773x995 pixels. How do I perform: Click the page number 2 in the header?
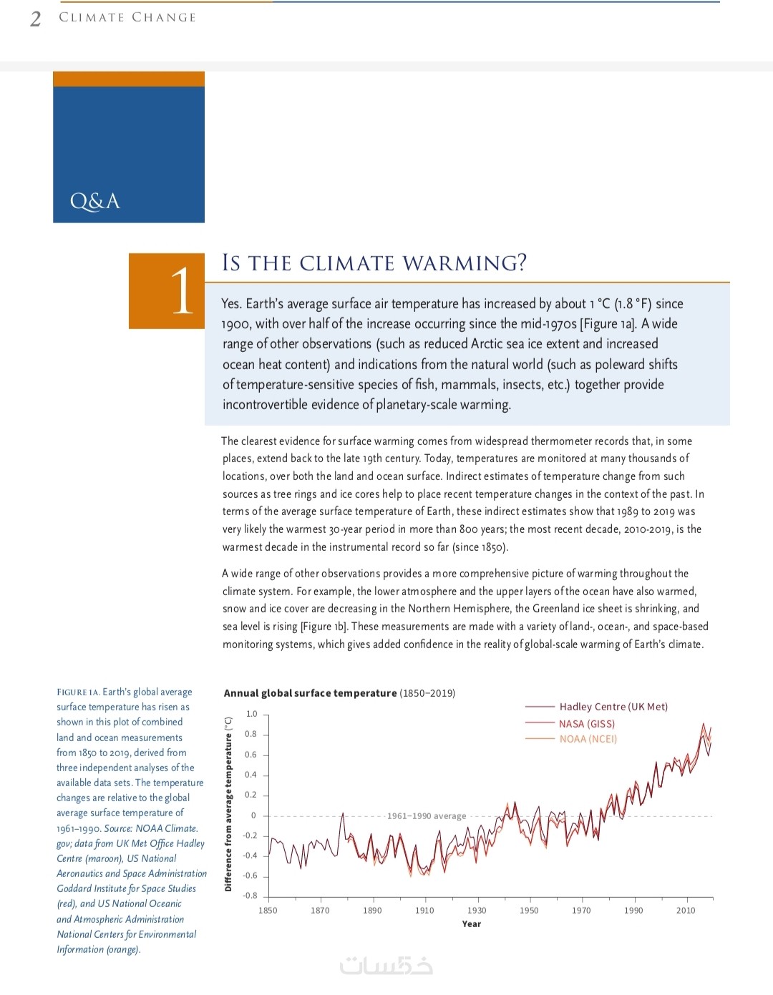35,19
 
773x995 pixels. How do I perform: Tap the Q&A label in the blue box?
94,201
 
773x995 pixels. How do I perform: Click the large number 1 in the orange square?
182,290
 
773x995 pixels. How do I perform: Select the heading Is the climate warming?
374,263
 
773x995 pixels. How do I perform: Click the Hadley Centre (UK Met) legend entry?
613,707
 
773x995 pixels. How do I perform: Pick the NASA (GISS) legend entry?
586,724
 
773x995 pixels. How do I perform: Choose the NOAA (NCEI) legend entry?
588,739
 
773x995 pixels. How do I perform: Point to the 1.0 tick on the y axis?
251,714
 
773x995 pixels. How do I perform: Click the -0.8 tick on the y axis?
250,896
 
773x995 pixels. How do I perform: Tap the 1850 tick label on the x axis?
268,911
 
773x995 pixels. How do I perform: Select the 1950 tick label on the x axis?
529,911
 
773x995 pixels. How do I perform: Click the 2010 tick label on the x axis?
686,911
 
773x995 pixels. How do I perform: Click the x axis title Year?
472,924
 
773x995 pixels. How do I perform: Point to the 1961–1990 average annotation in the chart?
427,816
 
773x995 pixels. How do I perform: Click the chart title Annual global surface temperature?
310,693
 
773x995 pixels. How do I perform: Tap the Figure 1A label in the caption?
78,692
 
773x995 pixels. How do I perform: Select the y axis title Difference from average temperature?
228,804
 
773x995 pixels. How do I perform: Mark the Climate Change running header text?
127,17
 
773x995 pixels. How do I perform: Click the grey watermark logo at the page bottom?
386,966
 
